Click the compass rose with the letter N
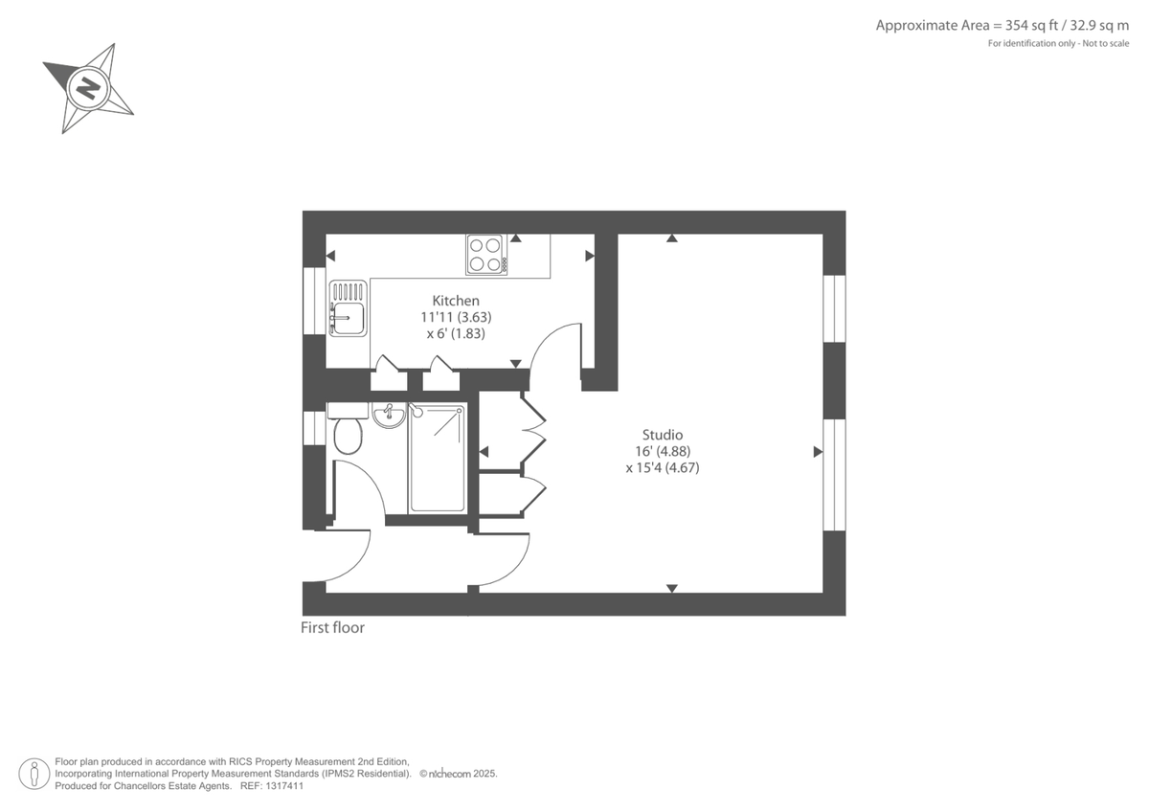pos(88,89)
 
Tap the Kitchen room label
pos(456,301)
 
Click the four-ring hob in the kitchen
pos(485,255)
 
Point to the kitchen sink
pos(348,307)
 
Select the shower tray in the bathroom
pos(438,459)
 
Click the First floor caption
pos(332,628)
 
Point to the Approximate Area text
pos(1003,26)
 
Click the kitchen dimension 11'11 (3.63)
pos(456,317)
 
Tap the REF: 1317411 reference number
pos(271,785)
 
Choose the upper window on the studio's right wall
pos(834,308)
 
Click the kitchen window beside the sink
pos(313,301)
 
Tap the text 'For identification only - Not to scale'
pos(1058,44)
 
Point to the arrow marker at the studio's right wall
pos(818,452)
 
